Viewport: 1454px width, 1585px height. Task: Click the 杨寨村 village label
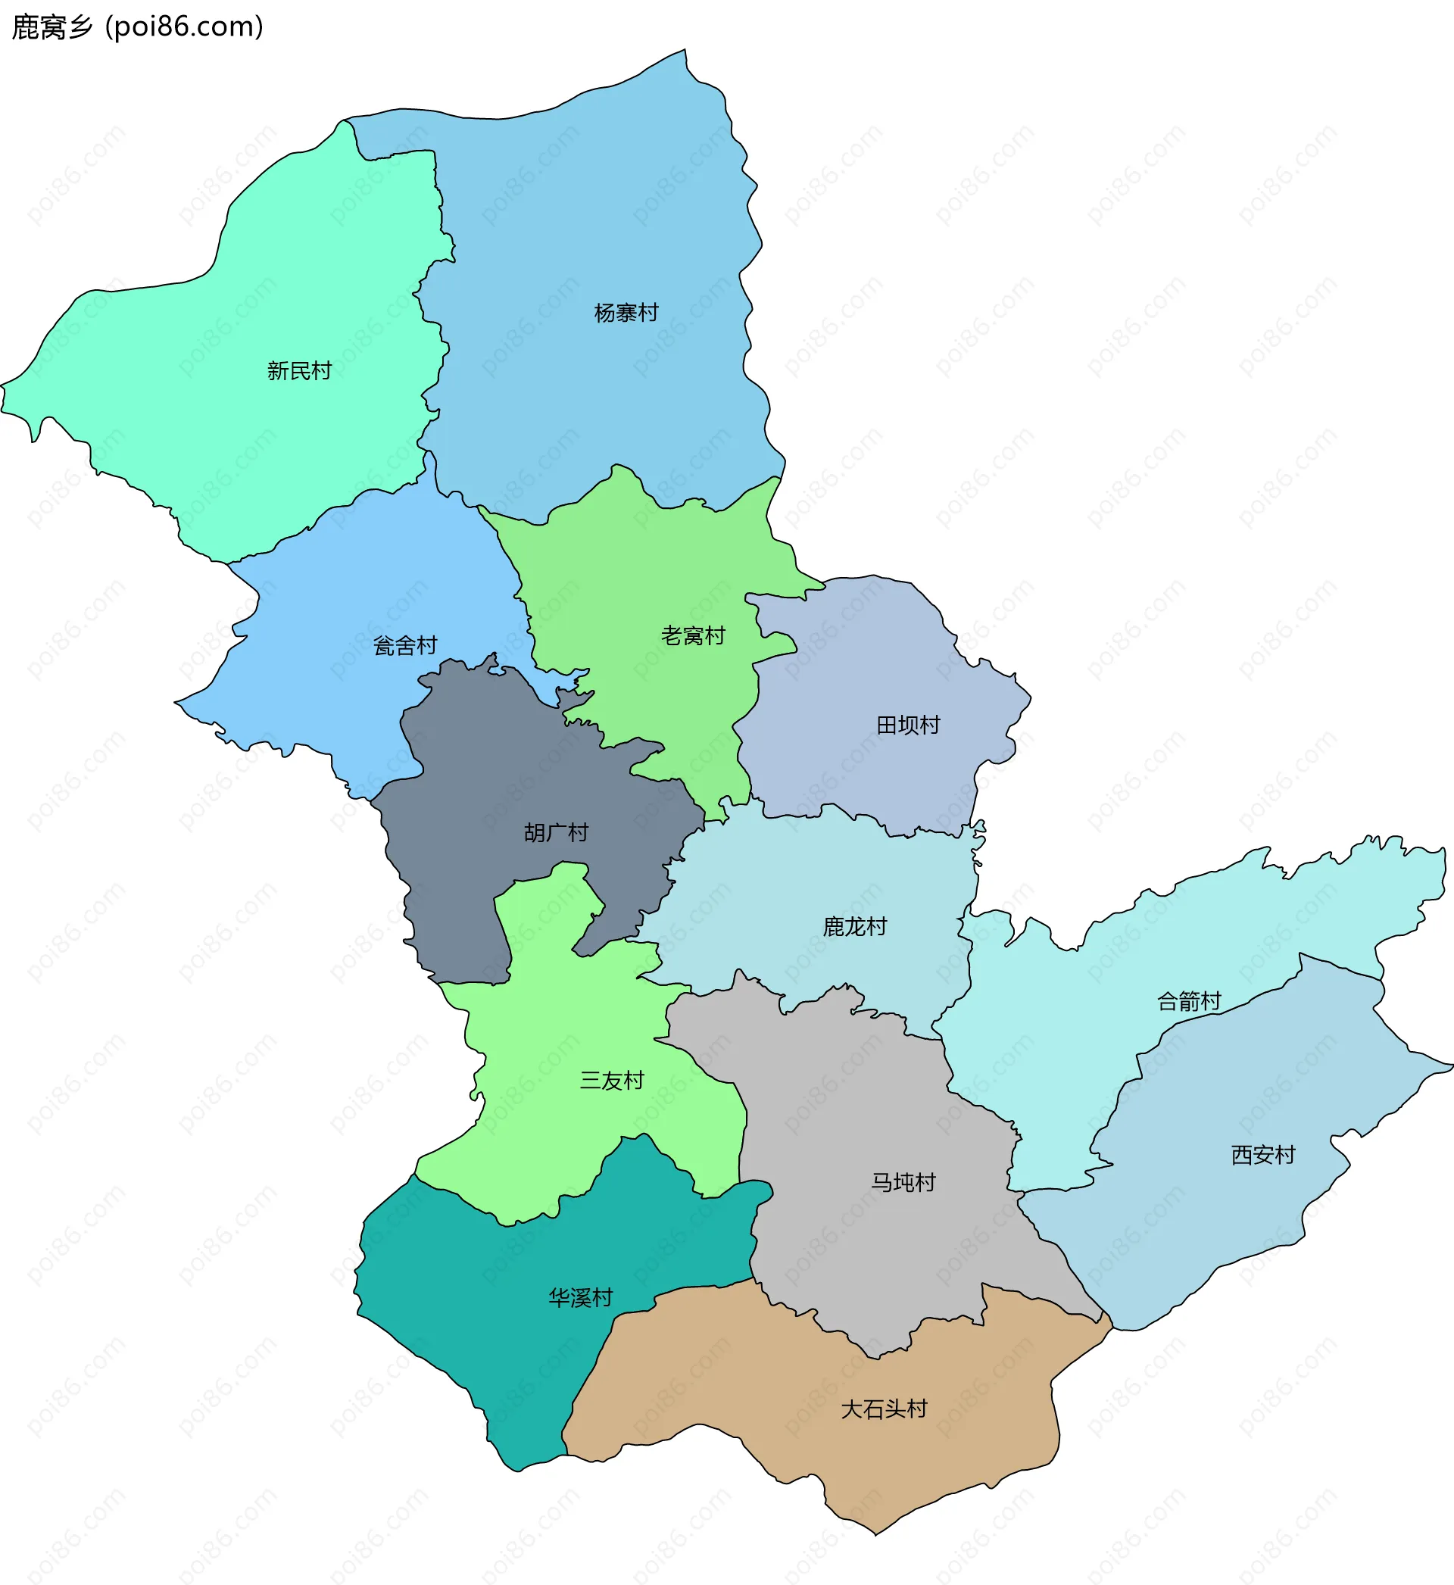(626, 313)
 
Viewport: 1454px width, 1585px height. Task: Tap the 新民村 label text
(299, 370)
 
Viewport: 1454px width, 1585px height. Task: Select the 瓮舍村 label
(404, 646)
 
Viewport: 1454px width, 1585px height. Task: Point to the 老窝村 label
(692, 635)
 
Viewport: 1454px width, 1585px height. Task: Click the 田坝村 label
(908, 725)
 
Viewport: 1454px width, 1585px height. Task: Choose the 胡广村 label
(556, 832)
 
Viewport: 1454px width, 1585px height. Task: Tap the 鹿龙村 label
(854, 927)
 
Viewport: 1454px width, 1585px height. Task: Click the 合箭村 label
(1188, 1001)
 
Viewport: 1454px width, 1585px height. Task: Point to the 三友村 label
(611, 1080)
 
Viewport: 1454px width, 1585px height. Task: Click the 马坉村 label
(903, 1182)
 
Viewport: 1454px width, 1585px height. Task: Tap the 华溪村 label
(580, 1297)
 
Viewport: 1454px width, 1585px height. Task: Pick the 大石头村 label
(884, 1409)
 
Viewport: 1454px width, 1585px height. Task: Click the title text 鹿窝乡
(52, 27)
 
